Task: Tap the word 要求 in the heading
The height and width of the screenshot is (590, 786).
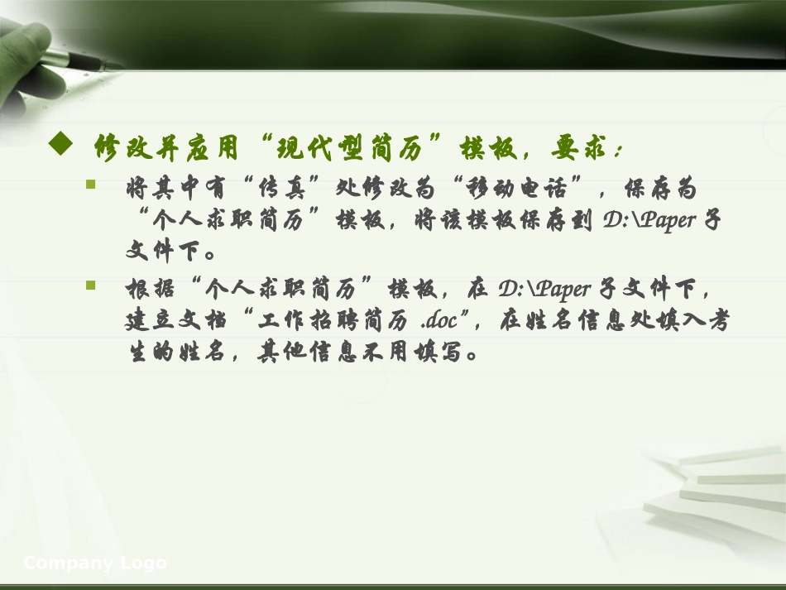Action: point(577,150)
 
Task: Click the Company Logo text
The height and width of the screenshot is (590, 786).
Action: point(95,564)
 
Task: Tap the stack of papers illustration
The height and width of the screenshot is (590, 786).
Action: point(712,488)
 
